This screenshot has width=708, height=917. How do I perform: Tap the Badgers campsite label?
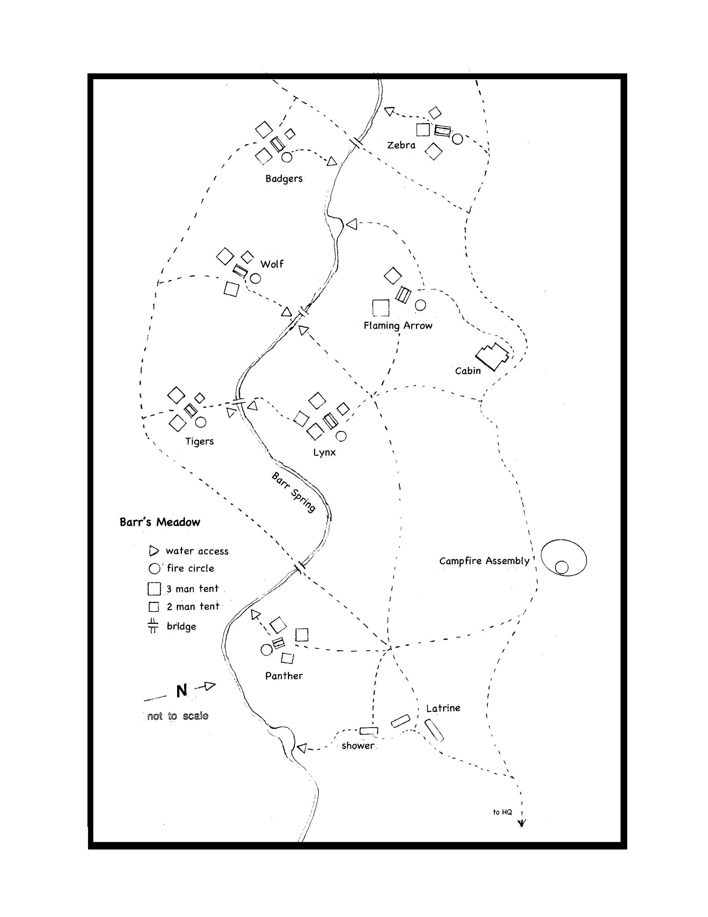pyautogui.click(x=284, y=179)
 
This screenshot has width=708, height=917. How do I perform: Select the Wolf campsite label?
pyautogui.click(x=272, y=264)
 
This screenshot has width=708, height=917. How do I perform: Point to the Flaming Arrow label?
pyautogui.click(x=398, y=325)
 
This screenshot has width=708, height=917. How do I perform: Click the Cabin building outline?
pyautogui.click(x=492, y=356)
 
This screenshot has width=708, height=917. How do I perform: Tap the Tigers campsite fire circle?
pyautogui.click(x=200, y=422)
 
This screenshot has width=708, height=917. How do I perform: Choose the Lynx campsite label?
pyautogui.click(x=324, y=453)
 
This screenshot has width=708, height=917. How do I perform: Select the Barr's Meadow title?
pyautogui.click(x=160, y=522)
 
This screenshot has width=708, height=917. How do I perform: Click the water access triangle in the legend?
pyautogui.click(x=154, y=551)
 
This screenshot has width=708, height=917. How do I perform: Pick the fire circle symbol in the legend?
pyautogui.click(x=155, y=568)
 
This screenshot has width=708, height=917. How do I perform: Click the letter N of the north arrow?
pyautogui.click(x=181, y=690)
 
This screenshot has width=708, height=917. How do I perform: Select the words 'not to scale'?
pyautogui.click(x=177, y=716)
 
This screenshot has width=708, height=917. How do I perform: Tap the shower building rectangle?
pyautogui.click(x=369, y=731)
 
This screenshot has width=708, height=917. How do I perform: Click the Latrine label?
pyautogui.click(x=443, y=708)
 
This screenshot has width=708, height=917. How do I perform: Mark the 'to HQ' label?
pyautogui.click(x=502, y=812)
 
